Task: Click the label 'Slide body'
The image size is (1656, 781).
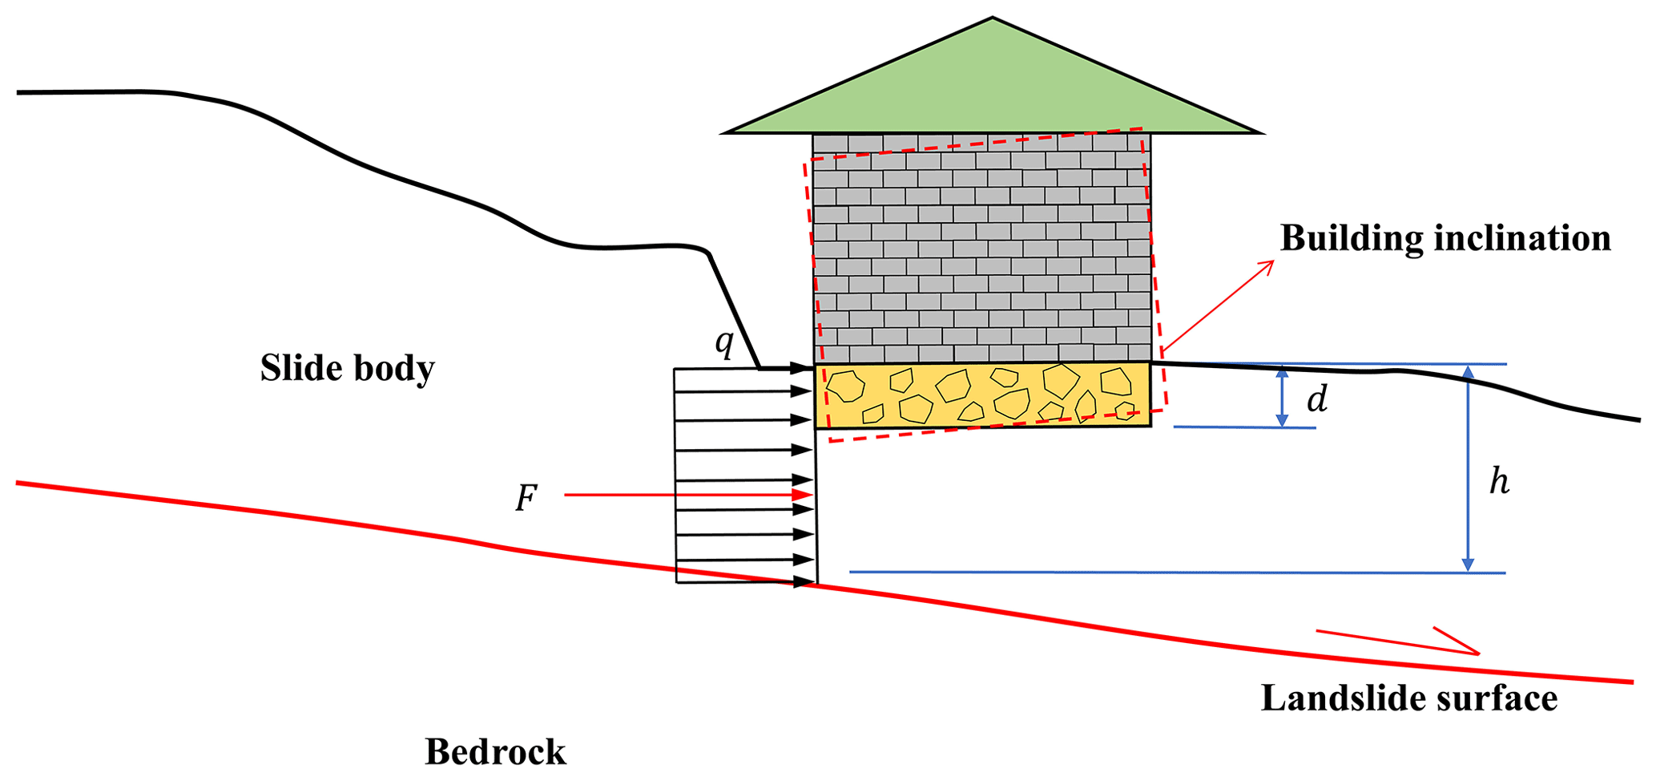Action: [x=347, y=368]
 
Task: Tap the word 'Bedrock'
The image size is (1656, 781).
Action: [x=495, y=752]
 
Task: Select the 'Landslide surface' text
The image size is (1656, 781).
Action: [x=1408, y=698]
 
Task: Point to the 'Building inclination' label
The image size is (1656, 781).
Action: [x=1444, y=238]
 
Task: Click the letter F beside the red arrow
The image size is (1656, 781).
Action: [x=526, y=499]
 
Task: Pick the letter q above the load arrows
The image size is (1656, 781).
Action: [x=724, y=343]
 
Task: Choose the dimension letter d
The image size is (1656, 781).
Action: [x=1317, y=399]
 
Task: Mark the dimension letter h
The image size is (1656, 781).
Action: [x=1499, y=482]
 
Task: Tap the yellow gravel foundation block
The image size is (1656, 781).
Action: [x=982, y=395]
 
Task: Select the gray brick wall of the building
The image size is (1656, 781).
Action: [x=981, y=249]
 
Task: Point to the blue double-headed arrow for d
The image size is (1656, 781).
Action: [x=1282, y=396]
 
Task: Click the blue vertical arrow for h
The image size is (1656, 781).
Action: [x=1468, y=468]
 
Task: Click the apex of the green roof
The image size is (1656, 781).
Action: [x=993, y=19]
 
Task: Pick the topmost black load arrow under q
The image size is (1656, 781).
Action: [x=745, y=368]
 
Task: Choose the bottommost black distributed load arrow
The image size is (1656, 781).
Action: [x=745, y=582]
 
